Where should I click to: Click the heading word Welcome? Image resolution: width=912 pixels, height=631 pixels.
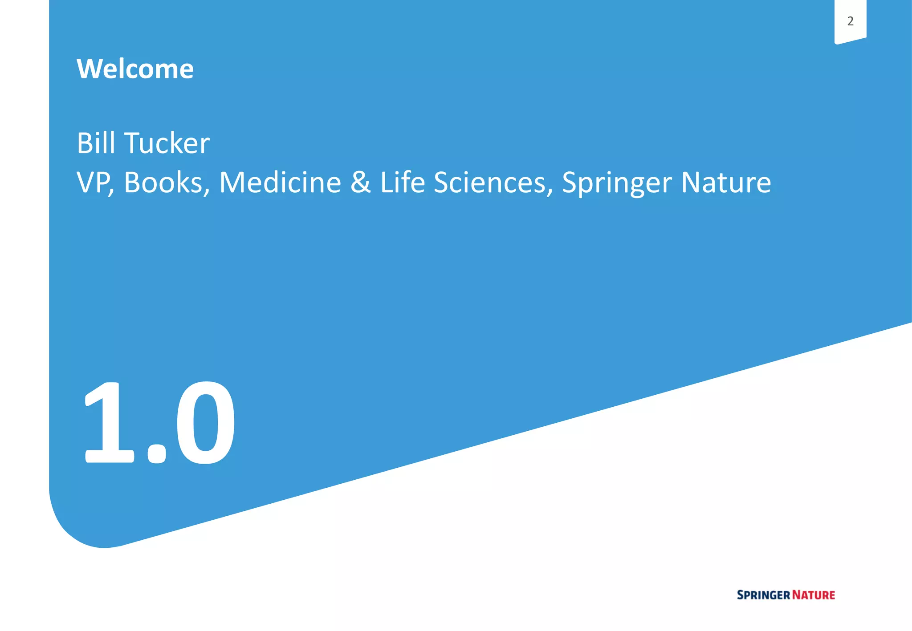[x=135, y=69]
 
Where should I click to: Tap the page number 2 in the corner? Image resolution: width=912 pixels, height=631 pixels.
[x=850, y=21]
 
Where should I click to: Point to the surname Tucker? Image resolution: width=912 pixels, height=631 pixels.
[x=167, y=143]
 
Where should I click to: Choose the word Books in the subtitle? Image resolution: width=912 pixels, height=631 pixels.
[x=163, y=182]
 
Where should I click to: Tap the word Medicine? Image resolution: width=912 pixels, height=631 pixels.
[x=280, y=182]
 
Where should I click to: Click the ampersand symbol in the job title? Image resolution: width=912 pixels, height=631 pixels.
[x=361, y=182]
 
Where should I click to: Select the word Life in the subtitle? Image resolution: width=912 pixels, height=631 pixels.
[x=403, y=182]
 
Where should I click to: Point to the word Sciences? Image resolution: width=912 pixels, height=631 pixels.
[x=490, y=182]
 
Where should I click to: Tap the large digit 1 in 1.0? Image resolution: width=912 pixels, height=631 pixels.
[x=109, y=422]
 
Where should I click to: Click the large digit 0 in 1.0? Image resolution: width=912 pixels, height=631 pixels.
[x=205, y=422]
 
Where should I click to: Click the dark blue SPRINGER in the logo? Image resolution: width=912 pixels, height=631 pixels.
[x=763, y=595]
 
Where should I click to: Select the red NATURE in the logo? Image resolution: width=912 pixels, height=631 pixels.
[x=814, y=595]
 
